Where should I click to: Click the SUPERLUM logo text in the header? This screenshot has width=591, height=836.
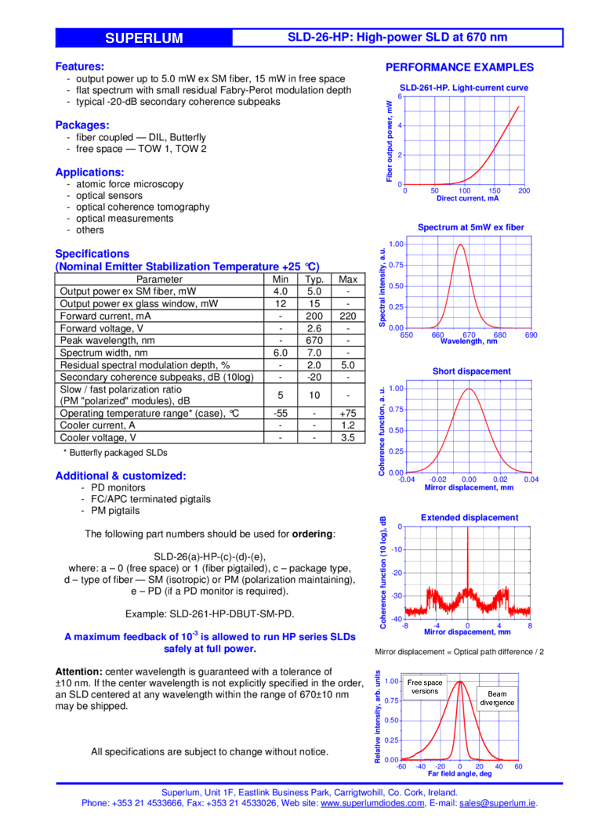click(x=144, y=38)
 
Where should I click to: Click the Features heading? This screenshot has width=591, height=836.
click(x=80, y=67)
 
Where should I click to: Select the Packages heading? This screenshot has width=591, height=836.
click(x=82, y=125)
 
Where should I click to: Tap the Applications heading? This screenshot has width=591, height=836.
click(x=89, y=172)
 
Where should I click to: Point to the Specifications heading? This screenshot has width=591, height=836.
click(x=92, y=253)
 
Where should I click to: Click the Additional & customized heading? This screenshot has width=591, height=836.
click(x=120, y=476)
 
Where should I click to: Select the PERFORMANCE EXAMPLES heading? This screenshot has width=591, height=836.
click(x=459, y=67)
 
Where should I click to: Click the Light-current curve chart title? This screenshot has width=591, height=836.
click(x=464, y=88)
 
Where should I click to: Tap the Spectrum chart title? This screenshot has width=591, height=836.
click(x=470, y=227)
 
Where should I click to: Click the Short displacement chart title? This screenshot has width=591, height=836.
click(x=471, y=371)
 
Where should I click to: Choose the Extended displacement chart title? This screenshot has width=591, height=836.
click(x=469, y=517)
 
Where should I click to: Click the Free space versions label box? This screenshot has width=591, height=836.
click(x=425, y=687)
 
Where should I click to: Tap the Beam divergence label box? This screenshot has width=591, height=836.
click(x=497, y=698)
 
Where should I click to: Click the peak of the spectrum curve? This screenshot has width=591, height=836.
click(x=460, y=244)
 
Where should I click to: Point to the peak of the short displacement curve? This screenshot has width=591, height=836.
click(x=469, y=389)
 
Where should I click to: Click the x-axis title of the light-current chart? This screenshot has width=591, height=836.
click(x=462, y=198)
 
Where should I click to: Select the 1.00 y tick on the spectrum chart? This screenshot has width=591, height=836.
click(x=396, y=244)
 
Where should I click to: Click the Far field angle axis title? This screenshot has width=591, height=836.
click(x=460, y=774)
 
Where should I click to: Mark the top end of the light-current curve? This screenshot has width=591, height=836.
click(x=518, y=105)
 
